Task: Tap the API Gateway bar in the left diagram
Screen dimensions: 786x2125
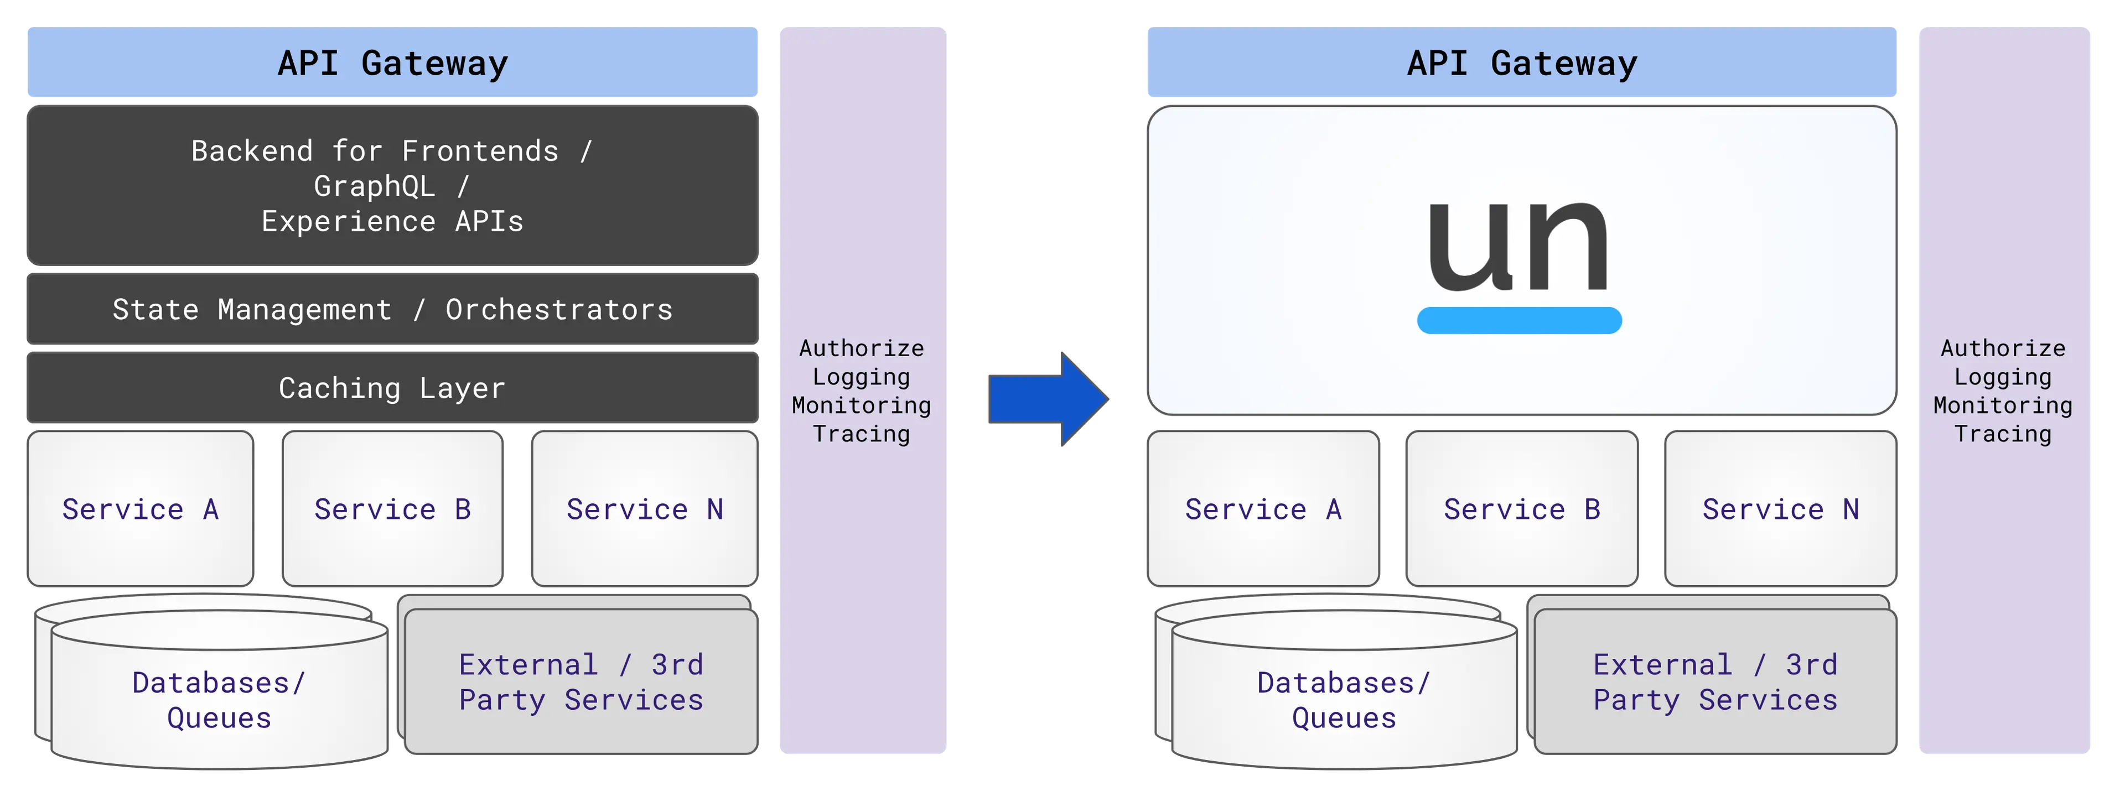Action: (x=393, y=64)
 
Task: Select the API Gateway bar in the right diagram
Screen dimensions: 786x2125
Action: (x=1521, y=64)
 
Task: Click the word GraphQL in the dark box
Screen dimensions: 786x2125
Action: (x=374, y=186)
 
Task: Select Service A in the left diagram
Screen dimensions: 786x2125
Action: (x=140, y=509)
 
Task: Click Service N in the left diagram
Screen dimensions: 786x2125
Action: (x=644, y=509)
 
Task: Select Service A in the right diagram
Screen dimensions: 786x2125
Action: (x=1263, y=509)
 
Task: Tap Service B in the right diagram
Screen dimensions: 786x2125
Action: (x=1521, y=509)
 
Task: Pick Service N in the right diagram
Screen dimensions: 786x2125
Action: (x=1780, y=509)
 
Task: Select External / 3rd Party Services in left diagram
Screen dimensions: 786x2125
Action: (x=581, y=682)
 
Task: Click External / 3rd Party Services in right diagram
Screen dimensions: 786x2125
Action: (x=1715, y=682)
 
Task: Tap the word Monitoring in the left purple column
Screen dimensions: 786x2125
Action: (x=861, y=405)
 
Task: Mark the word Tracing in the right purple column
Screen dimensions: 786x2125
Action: (x=2002, y=434)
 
